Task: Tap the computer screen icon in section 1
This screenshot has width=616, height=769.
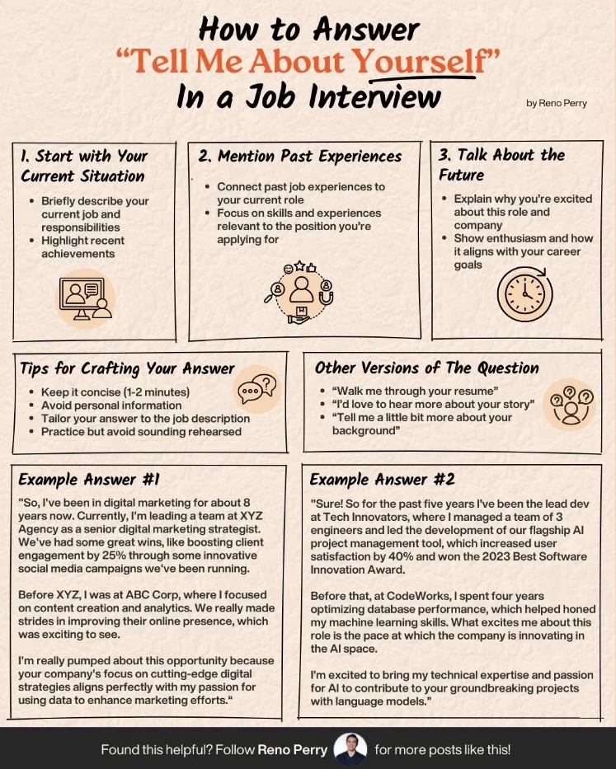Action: (x=86, y=298)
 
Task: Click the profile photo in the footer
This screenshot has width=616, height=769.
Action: (x=350, y=749)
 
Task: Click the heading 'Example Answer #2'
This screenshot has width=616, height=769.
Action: (x=382, y=480)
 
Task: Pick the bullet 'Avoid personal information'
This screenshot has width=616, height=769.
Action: (x=111, y=406)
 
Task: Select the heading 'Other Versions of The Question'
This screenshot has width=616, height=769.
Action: (x=426, y=368)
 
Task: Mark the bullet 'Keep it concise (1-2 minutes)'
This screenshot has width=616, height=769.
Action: (x=115, y=392)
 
